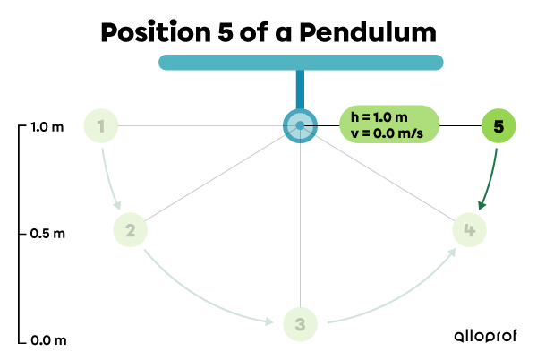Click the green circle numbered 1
[x=101, y=126]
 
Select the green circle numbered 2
[x=130, y=230]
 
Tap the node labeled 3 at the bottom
[x=300, y=324]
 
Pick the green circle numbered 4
[x=469, y=230]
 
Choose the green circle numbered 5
[x=499, y=126]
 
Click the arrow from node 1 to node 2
[x=110, y=179]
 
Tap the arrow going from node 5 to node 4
[x=490, y=179]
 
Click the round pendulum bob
[x=300, y=125]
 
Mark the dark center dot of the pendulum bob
[x=300, y=125]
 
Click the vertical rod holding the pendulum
[x=300, y=90]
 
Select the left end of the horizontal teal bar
[x=166, y=63]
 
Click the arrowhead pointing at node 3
[x=269, y=321]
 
